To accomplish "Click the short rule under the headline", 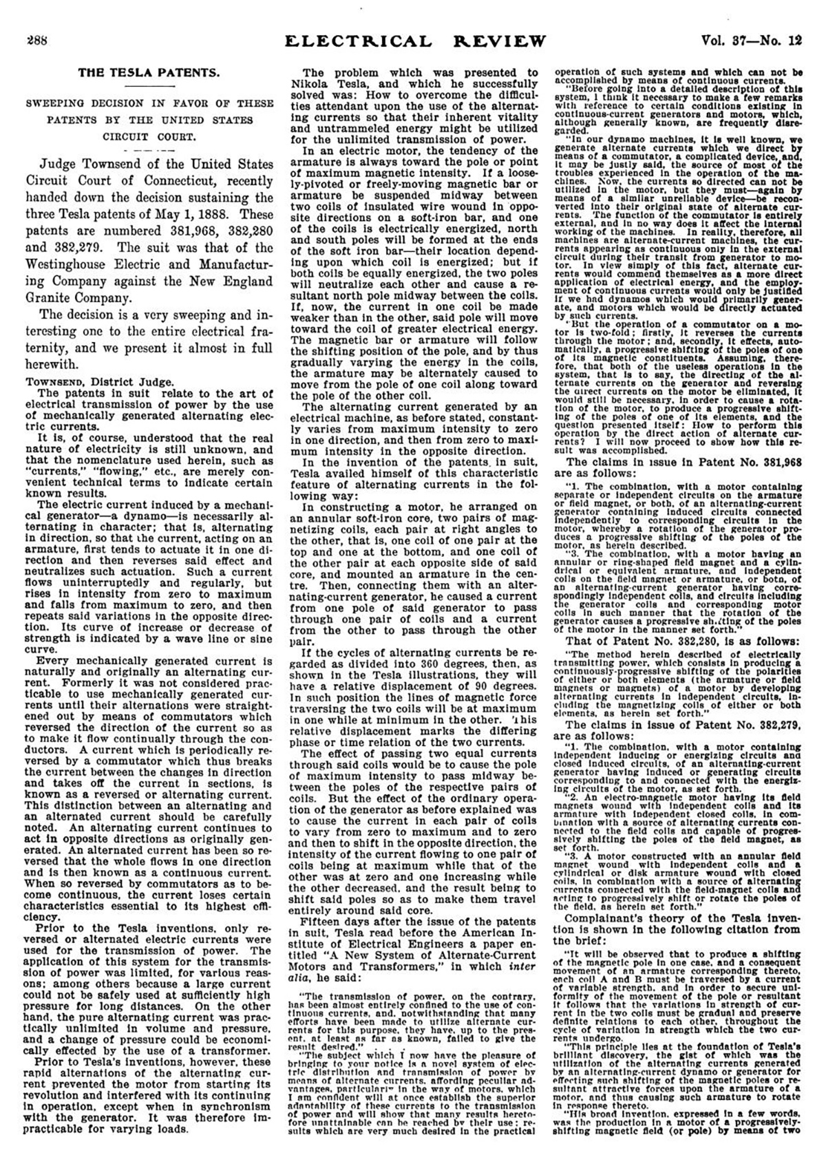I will click(x=149, y=86).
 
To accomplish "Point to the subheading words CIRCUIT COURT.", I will click(x=149, y=136).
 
